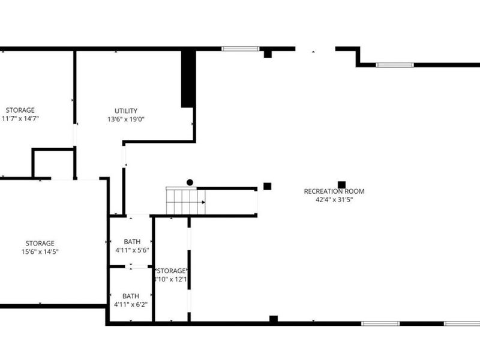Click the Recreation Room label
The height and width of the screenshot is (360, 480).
[x=334, y=191]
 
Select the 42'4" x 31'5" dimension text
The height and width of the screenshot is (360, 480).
[x=334, y=200]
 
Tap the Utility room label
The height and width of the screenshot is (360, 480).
[x=126, y=111]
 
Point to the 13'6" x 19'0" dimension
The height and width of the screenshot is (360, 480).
[x=125, y=119]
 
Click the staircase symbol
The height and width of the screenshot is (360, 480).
[x=185, y=201]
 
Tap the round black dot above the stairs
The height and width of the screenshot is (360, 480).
[x=190, y=182]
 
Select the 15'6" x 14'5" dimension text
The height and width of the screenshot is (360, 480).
[x=40, y=251]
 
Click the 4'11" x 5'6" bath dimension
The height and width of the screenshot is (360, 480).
[x=131, y=250]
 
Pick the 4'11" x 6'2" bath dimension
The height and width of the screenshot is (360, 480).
[x=131, y=304]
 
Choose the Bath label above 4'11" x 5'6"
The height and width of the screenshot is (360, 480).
[x=131, y=242]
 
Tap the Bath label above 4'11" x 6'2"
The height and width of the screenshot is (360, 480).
[x=131, y=296]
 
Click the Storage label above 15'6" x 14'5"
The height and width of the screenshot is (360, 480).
[x=40, y=243]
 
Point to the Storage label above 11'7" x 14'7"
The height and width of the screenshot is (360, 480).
[x=20, y=110]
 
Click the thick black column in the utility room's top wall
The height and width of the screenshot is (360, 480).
[x=188, y=78]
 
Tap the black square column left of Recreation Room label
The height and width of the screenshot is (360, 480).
[x=268, y=186]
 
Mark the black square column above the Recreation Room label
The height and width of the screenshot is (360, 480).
[x=341, y=185]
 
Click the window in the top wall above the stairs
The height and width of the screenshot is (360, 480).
[x=239, y=49]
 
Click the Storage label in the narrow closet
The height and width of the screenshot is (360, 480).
[x=172, y=271]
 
